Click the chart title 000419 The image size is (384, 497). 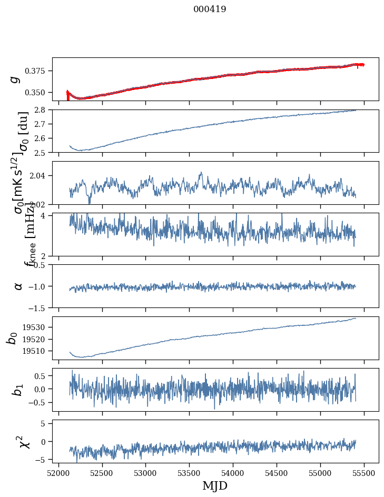(x=210, y=9)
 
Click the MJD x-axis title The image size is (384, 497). (x=215, y=485)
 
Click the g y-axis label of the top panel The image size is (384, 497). (x=16, y=79)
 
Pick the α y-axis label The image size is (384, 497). (x=18, y=286)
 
